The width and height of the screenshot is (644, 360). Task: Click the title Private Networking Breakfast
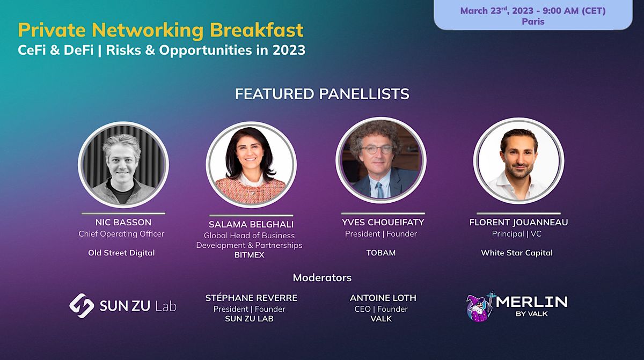click(x=160, y=30)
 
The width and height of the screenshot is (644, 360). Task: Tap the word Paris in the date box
click(x=533, y=22)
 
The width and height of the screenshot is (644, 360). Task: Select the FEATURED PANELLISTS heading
click(x=322, y=94)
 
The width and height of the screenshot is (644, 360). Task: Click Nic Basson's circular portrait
click(x=123, y=164)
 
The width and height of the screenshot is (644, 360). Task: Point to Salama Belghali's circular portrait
click(x=251, y=164)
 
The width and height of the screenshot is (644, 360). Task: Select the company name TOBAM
click(x=380, y=252)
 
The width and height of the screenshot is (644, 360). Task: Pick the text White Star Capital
click(x=516, y=253)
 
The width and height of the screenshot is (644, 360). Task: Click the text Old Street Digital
click(x=121, y=252)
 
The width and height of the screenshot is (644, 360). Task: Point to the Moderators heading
click(x=322, y=277)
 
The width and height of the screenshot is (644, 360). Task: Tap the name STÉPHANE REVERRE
click(x=251, y=298)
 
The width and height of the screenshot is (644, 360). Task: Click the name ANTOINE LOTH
click(x=383, y=298)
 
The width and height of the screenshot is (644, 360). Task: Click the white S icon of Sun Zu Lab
click(x=82, y=305)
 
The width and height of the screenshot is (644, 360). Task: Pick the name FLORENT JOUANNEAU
click(x=518, y=223)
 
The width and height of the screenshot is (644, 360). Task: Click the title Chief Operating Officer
click(x=121, y=234)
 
